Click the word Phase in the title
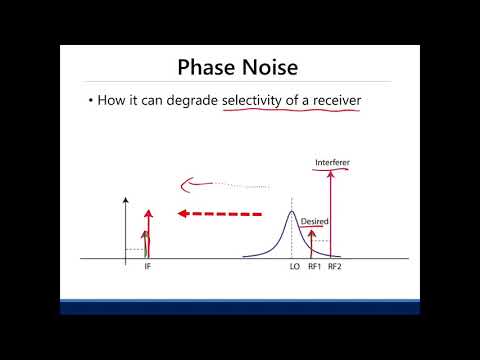coord(208,68)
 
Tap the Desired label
coord(314,221)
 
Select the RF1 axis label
coord(313,268)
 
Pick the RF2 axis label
coord(333,268)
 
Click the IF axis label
coord(147,268)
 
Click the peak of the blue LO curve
coord(291,213)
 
